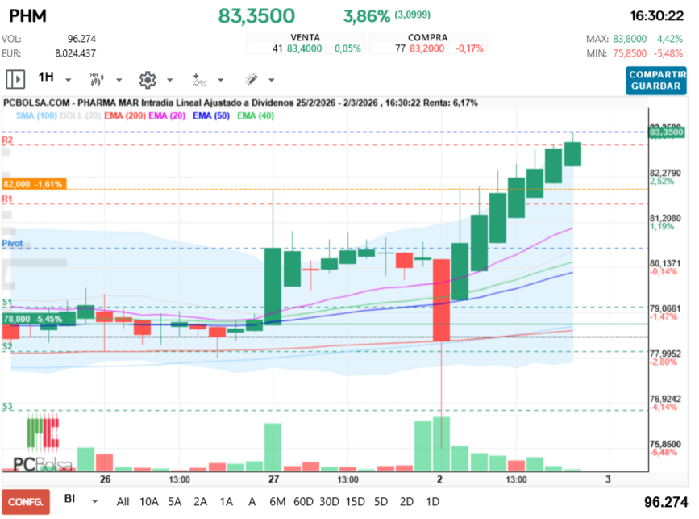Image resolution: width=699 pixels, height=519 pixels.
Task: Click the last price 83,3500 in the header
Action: click(256, 16)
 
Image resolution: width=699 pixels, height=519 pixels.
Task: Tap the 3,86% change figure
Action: click(367, 16)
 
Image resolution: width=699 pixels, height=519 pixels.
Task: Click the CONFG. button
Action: click(26, 501)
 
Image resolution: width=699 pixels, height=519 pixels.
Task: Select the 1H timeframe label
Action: click(46, 78)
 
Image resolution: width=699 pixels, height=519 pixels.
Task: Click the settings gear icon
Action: click(147, 79)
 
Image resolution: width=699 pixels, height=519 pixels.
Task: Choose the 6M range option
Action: click(277, 501)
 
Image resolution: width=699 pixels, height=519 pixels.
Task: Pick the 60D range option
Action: click(303, 501)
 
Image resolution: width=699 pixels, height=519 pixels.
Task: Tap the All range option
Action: click(123, 501)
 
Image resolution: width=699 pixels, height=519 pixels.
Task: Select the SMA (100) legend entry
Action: click(35, 116)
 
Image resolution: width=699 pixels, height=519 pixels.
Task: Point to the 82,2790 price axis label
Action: click(666, 173)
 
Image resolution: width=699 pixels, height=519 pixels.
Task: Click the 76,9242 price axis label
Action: click(666, 399)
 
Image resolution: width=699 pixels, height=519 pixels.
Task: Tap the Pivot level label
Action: click(12, 242)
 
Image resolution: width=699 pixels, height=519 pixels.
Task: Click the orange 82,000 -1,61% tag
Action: click(33, 184)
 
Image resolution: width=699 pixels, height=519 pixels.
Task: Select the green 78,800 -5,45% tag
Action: click(33, 319)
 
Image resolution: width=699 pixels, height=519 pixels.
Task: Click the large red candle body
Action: click(441, 299)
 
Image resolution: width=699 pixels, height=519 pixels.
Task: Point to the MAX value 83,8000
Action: click(630, 38)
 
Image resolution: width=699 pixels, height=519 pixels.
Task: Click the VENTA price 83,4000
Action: click(304, 48)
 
